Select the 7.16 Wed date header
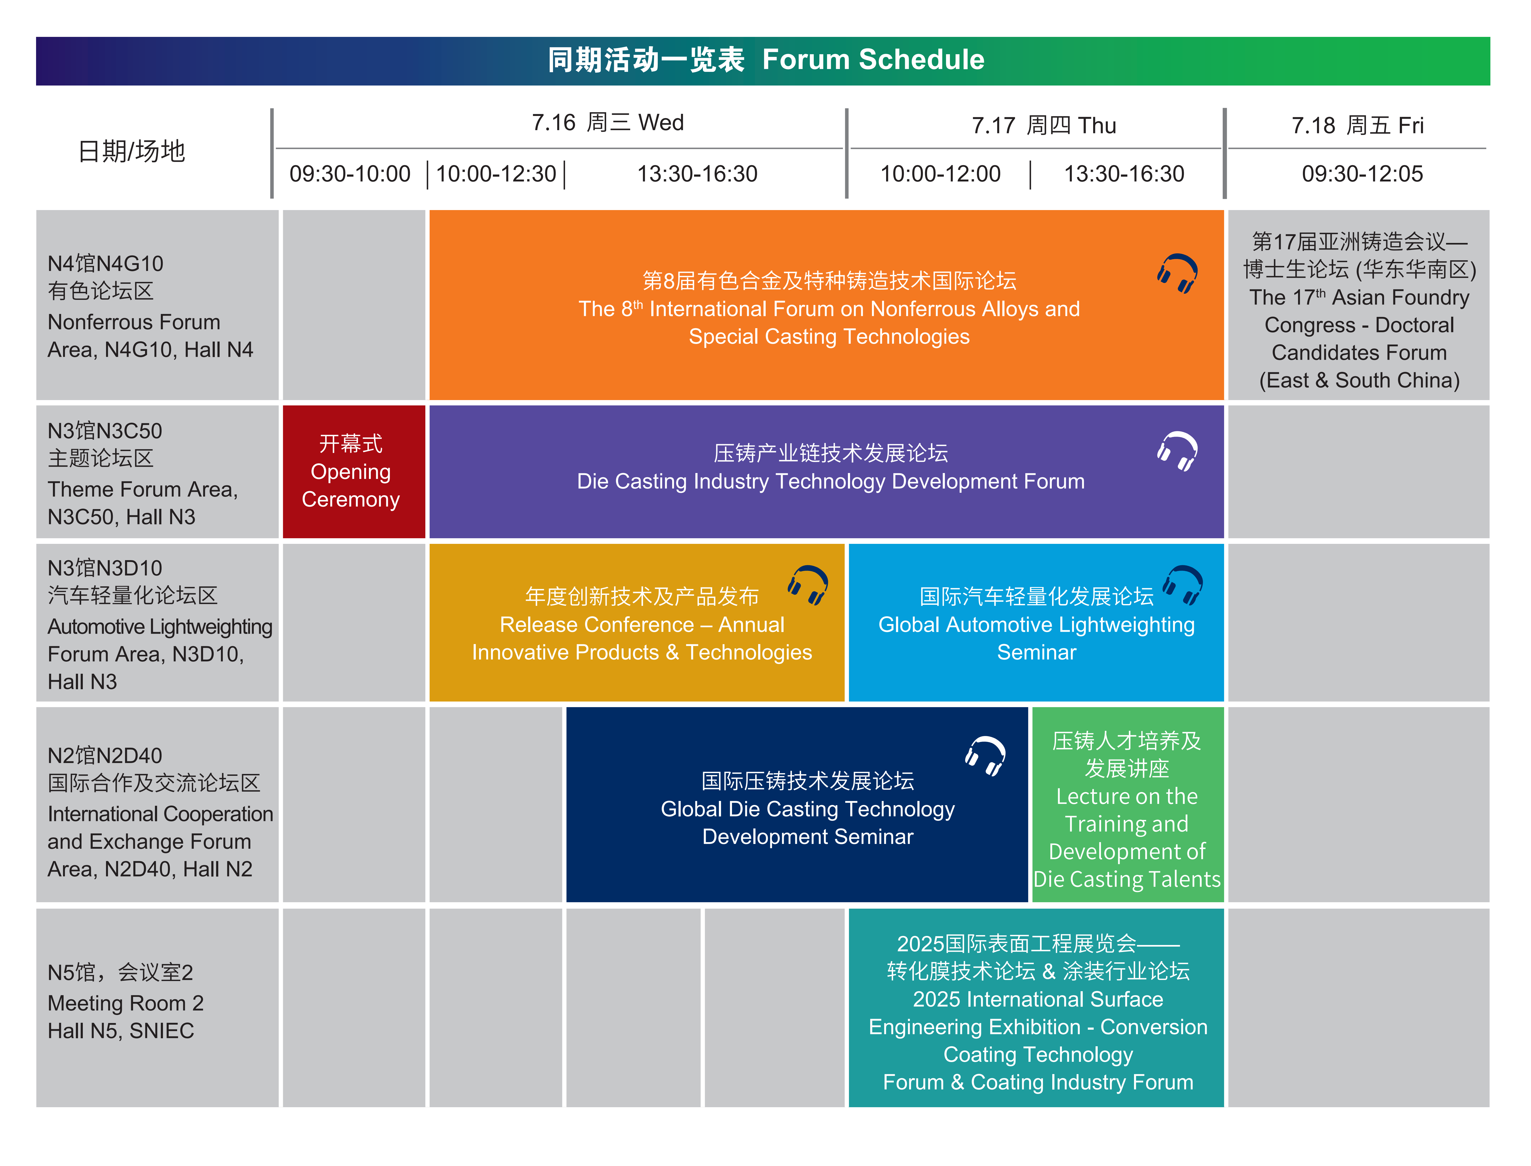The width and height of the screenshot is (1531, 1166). (608, 123)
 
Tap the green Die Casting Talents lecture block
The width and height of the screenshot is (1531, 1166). (1127, 805)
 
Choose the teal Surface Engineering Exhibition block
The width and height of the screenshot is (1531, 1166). (1037, 1008)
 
